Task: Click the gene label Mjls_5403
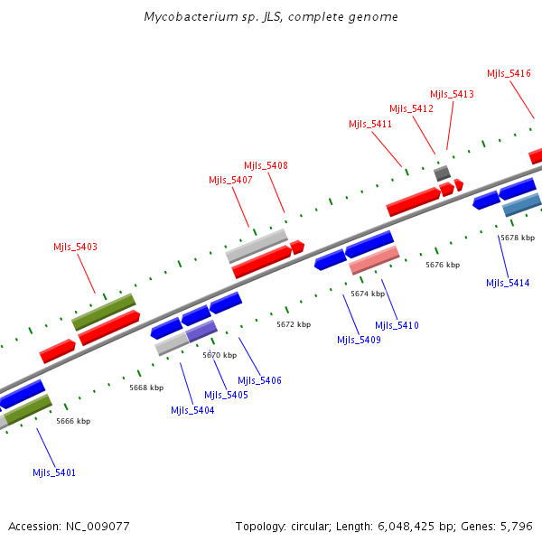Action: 75,247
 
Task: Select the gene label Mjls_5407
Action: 230,180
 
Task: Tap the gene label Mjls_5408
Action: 266,165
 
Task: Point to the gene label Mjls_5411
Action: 370,124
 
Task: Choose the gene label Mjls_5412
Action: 411,108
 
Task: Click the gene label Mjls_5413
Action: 452,94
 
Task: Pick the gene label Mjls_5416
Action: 509,73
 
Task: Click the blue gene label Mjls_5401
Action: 54,472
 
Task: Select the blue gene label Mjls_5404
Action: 192,410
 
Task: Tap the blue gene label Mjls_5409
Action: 359,340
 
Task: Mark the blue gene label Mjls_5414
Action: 508,283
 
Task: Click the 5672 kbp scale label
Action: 294,324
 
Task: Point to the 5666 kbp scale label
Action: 73,421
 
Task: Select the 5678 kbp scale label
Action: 517,238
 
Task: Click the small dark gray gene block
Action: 442,173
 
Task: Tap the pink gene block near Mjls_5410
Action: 374,260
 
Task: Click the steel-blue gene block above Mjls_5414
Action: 521,205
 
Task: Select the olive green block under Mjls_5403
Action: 104,311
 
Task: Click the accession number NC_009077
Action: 98,526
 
